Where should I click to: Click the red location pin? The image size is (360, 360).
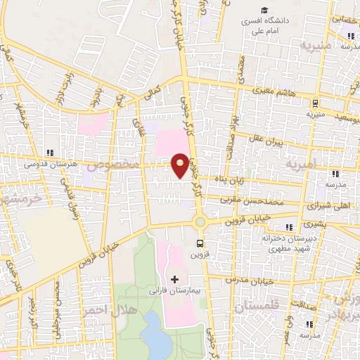click(181, 165)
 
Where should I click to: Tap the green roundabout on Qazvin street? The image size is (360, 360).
click(200, 222)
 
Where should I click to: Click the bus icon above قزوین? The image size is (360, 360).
click(200, 245)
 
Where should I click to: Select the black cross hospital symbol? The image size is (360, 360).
click(175, 279)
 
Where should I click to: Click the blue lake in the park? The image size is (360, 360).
click(153, 330)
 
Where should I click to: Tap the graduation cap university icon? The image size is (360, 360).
click(264, 10)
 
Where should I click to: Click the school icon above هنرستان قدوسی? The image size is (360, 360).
click(49, 153)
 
